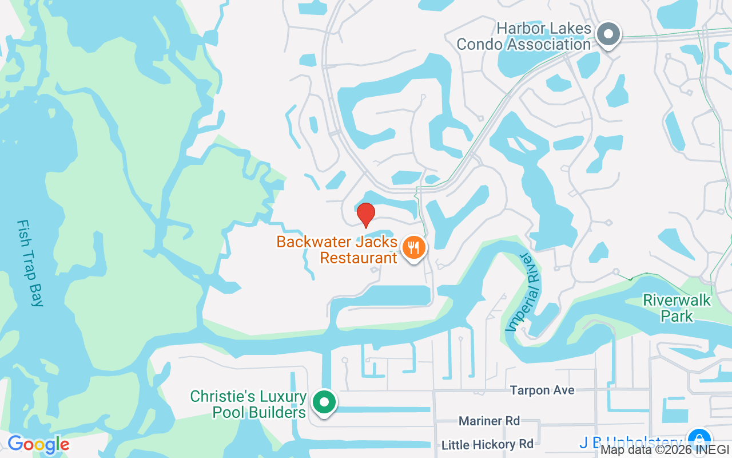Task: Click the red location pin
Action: tap(366, 215)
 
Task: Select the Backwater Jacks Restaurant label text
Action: tap(337, 250)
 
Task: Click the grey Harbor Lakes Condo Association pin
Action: tap(608, 34)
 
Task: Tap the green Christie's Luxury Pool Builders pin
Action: tap(324, 402)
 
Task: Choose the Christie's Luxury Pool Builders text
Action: tap(248, 404)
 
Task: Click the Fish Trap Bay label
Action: tap(30, 263)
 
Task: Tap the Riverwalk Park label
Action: tap(677, 308)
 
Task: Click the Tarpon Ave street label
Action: tap(542, 390)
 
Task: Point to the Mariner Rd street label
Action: tap(489, 421)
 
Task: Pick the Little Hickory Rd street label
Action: tap(487, 444)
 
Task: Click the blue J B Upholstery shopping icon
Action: tap(698, 440)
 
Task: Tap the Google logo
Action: tap(38, 444)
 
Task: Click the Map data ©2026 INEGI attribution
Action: tap(665, 450)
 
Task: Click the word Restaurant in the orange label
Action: tap(358, 258)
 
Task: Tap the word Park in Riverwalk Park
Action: tap(677, 316)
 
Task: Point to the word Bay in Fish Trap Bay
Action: tap(37, 292)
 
